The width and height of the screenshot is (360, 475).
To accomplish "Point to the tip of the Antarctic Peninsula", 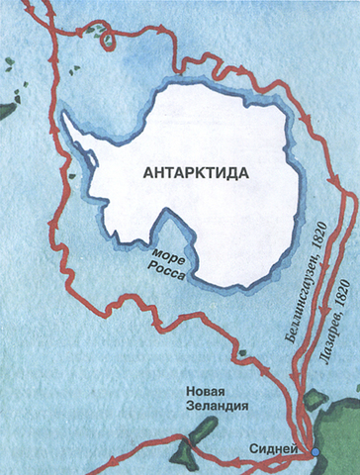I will (63, 114).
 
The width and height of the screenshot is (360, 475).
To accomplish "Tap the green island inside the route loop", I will (105, 41).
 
